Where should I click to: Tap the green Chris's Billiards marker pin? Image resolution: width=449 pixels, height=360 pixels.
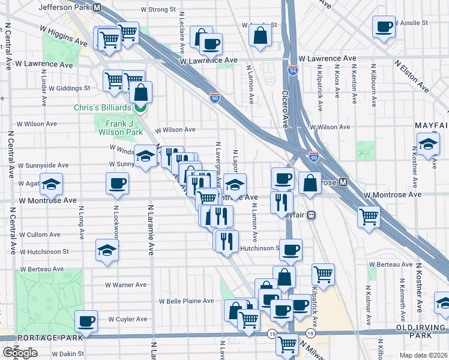[140, 108]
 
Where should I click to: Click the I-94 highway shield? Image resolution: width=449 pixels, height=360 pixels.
[293, 70]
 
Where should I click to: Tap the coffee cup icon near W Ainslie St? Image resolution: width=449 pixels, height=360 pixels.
[384, 27]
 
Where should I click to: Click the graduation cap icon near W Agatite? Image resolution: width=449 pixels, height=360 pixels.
[52, 185]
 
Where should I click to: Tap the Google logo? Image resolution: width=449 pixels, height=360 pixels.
[20, 353]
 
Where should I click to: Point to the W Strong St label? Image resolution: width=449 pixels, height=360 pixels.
[158, 10]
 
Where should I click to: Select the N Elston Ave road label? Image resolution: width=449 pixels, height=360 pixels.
[411, 74]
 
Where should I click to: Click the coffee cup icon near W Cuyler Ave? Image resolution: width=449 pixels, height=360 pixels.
[86, 321]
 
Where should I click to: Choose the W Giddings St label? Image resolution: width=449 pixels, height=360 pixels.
[70, 88]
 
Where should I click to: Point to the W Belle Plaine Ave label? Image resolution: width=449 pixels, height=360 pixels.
[186, 301]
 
